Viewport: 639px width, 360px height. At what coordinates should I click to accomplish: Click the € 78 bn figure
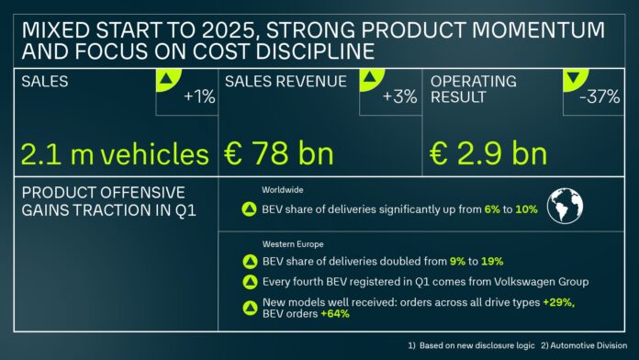(x=279, y=153)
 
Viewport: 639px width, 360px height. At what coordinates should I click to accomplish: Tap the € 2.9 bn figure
(x=489, y=153)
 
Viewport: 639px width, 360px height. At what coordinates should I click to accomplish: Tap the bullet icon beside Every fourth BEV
(x=248, y=282)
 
